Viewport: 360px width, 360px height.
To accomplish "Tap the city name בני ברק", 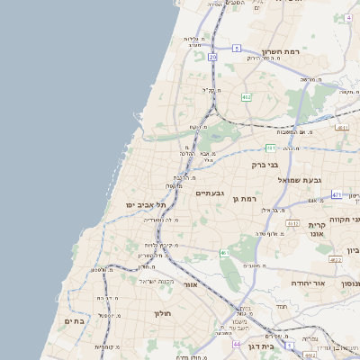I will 265,166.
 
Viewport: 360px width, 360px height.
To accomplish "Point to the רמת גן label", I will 245,198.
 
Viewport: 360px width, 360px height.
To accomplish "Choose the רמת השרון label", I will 279,52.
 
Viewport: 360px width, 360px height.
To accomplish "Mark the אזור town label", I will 190,284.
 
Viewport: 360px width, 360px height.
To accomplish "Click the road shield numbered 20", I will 212,57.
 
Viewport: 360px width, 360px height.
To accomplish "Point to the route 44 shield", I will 236,344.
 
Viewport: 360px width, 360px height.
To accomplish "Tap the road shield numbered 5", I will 237,48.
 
